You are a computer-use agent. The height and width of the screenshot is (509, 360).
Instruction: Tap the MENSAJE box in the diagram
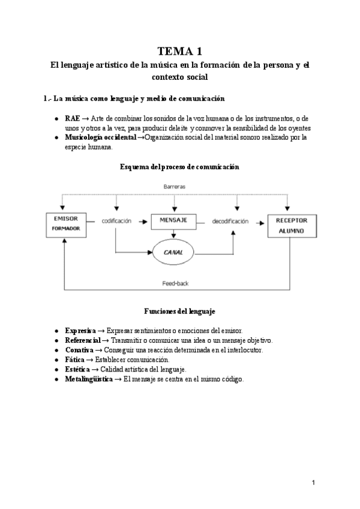click(x=174, y=221)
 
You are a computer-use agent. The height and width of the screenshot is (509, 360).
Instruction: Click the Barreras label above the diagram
click(x=175, y=187)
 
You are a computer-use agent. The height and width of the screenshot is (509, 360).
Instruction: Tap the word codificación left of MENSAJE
click(x=116, y=221)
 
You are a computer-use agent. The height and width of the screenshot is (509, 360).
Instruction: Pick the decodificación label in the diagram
click(x=230, y=221)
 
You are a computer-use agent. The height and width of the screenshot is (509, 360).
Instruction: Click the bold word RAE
click(x=72, y=118)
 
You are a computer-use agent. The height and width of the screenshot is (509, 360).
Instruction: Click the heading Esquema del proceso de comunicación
click(x=179, y=167)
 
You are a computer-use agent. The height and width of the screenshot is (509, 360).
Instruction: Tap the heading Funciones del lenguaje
click(x=179, y=312)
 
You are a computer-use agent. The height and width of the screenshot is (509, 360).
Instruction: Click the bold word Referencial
click(x=83, y=340)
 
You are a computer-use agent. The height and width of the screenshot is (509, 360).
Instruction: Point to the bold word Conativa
click(x=79, y=350)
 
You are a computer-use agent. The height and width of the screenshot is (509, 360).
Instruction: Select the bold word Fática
click(x=75, y=360)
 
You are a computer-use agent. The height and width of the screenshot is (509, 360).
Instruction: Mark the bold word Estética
click(x=77, y=369)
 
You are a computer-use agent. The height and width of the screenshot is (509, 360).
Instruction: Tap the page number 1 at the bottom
click(x=313, y=483)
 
